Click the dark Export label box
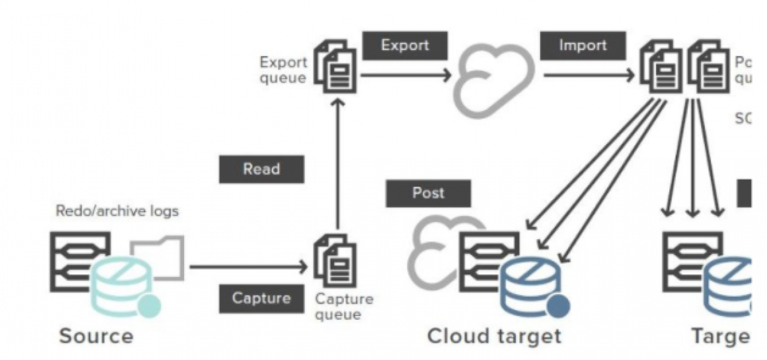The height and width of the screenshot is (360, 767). [x=405, y=46]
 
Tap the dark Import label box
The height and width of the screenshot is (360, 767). [x=582, y=46]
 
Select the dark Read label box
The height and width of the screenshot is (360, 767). [x=261, y=169]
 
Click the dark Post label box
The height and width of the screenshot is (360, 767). [x=428, y=193]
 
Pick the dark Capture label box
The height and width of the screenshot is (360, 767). [x=261, y=298]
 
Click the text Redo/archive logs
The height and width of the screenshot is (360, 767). [x=118, y=211]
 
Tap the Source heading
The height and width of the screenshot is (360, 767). [x=97, y=336]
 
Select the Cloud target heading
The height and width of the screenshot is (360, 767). [x=494, y=336]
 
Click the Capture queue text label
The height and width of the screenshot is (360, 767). [x=344, y=307]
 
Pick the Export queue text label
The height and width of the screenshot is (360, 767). [x=283, y=70]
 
